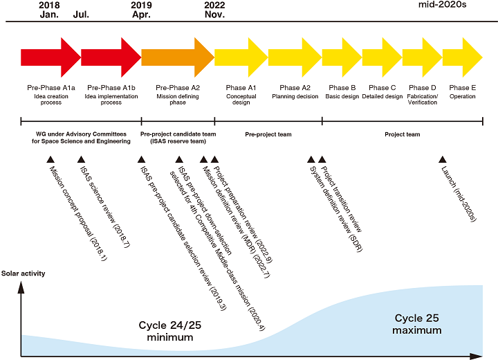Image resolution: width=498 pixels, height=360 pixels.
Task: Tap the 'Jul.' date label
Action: point(81,15)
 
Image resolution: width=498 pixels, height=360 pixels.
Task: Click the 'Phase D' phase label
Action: point(423,88)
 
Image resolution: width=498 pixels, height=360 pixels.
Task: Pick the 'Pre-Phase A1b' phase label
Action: point(111,88)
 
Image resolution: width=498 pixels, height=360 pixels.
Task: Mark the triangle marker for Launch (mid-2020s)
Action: point(443,160)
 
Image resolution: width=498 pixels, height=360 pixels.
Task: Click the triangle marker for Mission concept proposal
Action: point(50,160)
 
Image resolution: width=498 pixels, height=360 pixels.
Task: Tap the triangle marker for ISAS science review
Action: point(81,160)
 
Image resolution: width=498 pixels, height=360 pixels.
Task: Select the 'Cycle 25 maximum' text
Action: point(418,324)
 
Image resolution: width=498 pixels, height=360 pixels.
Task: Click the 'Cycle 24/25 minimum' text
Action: point(169,331)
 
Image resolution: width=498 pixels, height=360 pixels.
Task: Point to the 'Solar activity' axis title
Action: point(23,273)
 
